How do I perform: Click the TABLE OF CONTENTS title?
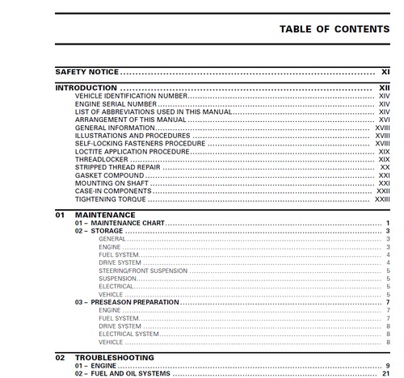[x=335, y=29]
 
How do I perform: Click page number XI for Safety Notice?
[x=385, y=72]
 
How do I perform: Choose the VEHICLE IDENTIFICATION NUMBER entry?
[x=130, y=96]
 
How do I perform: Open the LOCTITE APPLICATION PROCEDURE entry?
[x=132, y=152]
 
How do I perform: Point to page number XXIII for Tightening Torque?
[x=382, y=199]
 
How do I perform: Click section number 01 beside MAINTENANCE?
[x=60, y=215]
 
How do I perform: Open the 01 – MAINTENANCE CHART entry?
[x=120, y=222]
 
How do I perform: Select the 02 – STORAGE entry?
[x=99, y=231]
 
